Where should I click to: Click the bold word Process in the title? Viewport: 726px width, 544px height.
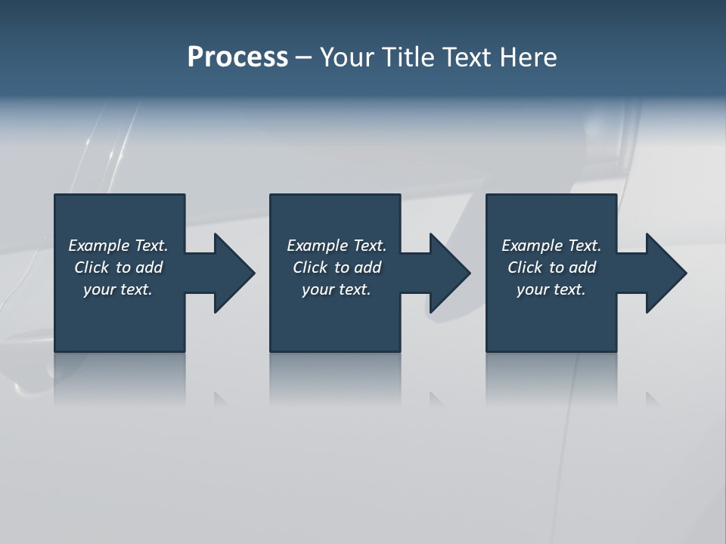coord(237,57)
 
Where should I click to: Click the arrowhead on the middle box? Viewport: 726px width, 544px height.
coord(449,273)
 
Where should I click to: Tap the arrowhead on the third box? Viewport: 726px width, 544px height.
coord(665,273)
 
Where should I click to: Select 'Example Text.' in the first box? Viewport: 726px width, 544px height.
coord(118,246)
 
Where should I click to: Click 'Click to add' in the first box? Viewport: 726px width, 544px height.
coord(118,267)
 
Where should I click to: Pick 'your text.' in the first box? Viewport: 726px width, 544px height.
coord(118,289)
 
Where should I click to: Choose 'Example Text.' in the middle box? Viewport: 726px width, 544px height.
coord(336,246)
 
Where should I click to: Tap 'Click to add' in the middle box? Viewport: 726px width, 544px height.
coord(336,267)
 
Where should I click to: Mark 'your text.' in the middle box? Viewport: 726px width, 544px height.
coord(336,289)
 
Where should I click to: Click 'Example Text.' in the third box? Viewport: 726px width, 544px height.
coord(551,246)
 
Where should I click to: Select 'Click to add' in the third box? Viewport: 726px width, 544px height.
coord(551,267)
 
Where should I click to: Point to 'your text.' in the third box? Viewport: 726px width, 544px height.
coord(551,289)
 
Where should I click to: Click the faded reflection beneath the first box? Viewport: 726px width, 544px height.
coord(119,378)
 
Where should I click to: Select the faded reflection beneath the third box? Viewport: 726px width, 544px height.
coord(551,378)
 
